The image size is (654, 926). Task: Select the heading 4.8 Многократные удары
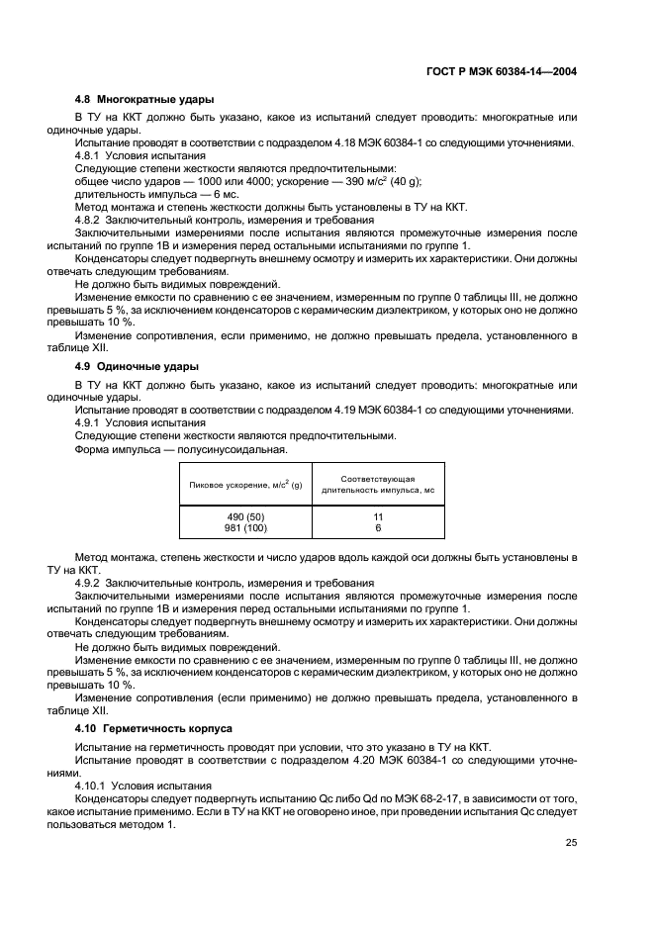pyautogui.click(x=144, y=99)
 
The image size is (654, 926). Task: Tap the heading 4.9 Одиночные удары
pyautogui.click(x=137, y=366)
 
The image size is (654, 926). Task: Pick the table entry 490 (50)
pyautogui.click(x=245, y=517)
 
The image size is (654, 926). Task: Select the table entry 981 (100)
pyautogui.click(x=245, y=528)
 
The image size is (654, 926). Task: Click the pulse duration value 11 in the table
pyautogui.click(x=378, y=517)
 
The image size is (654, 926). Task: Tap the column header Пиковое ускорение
pyautogui.click(x=245, y=484)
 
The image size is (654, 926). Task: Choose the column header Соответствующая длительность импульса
pyautogui.click(x=378, y=484)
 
